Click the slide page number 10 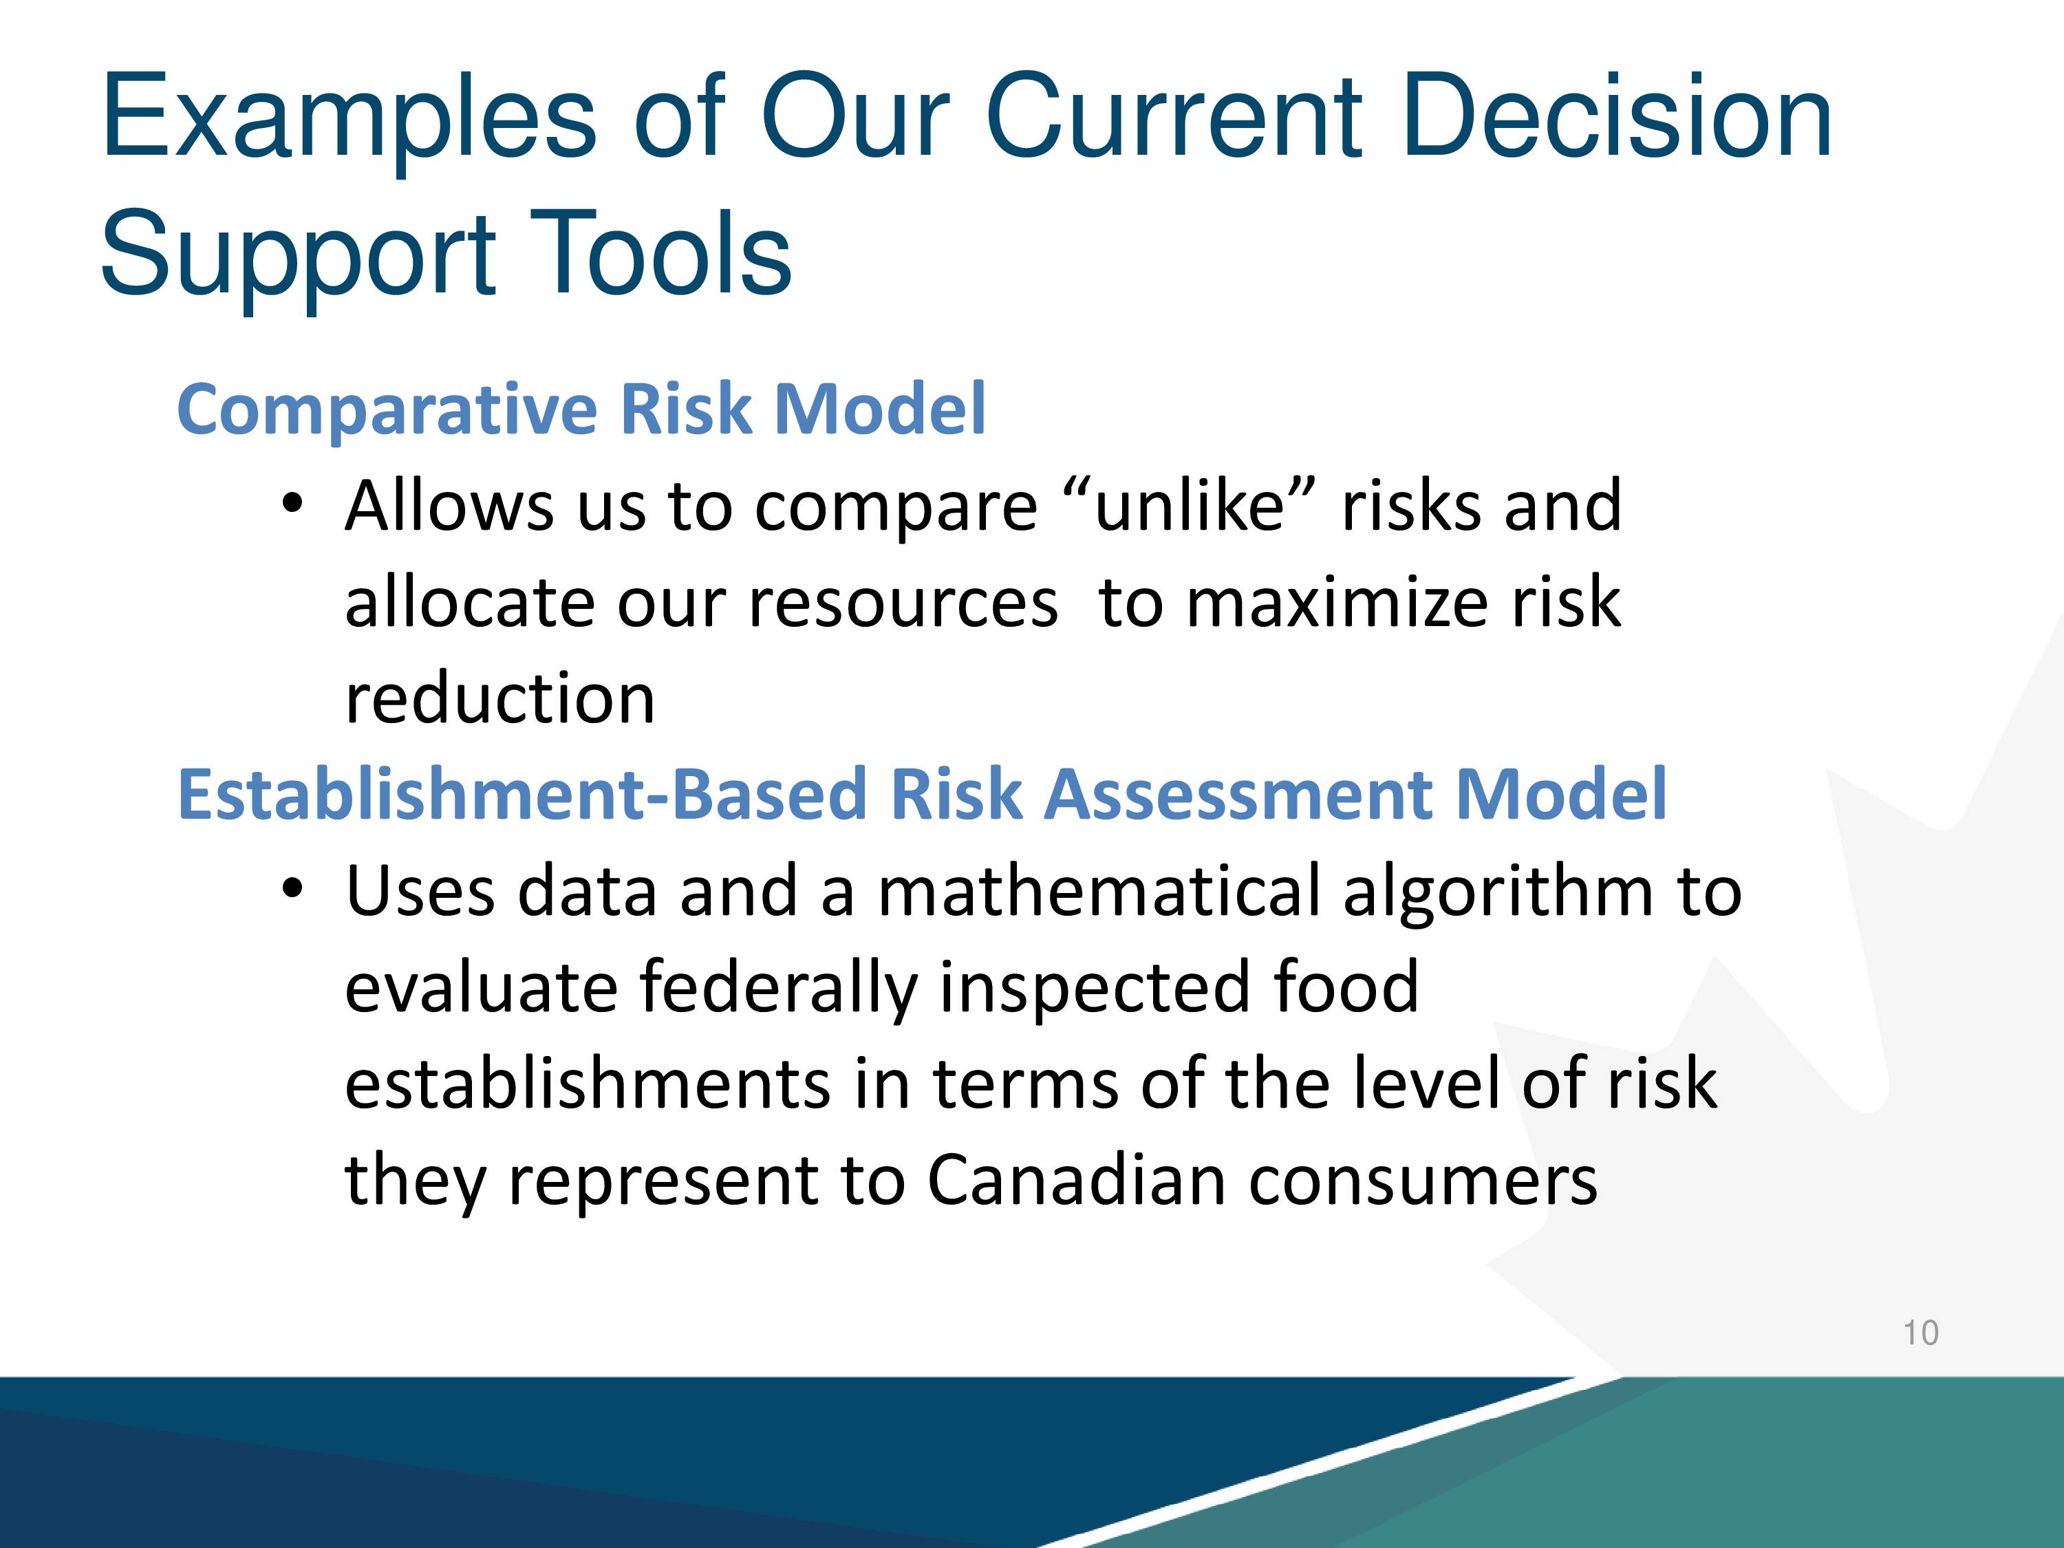(x=1921, y=1333)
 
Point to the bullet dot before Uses (x=293, y=889)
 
